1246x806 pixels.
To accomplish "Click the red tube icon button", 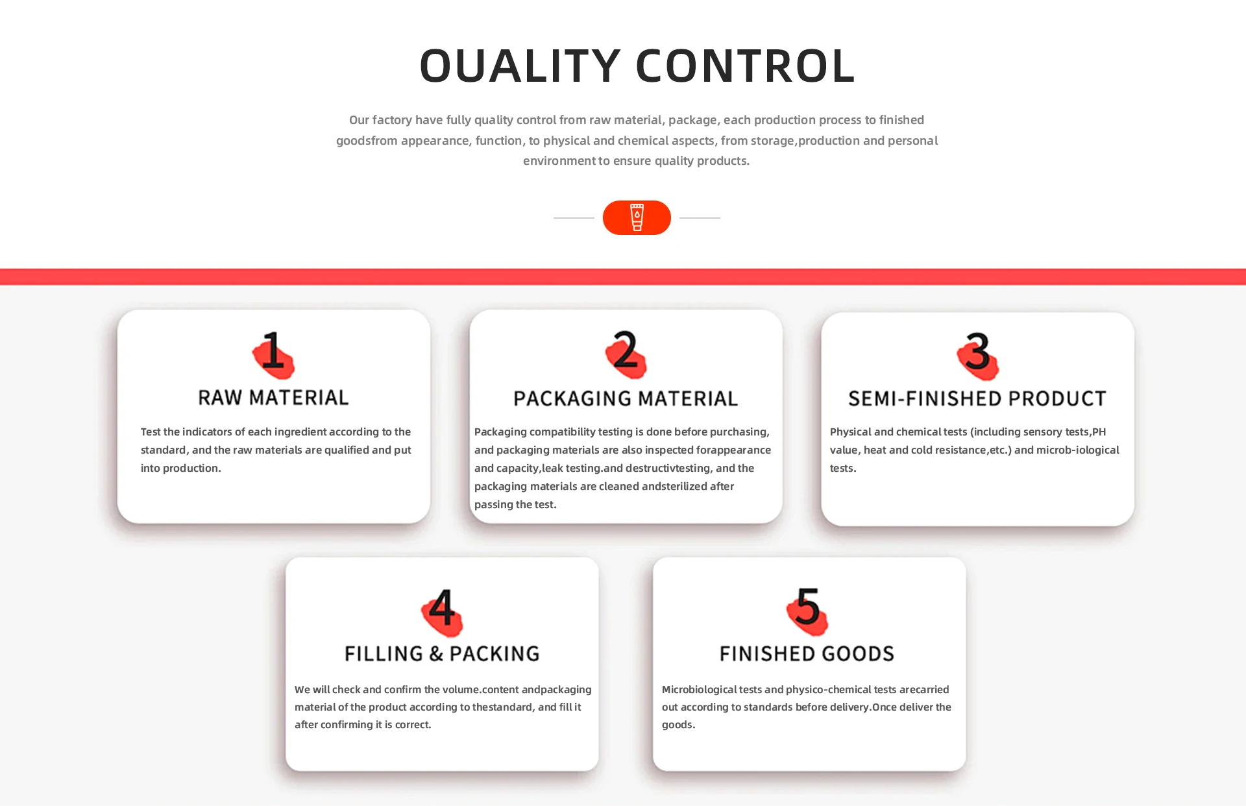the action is click(x=637, y=217).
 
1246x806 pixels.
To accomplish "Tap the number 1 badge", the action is click(x=273, y=354).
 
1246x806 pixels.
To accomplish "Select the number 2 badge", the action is click(x=626, y=353).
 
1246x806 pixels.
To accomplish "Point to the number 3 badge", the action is click(x=977, y=354).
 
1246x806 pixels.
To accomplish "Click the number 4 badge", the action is click(x=442, y=611).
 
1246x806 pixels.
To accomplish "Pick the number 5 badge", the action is click(x=807, y=610).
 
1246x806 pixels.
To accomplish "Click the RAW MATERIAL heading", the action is click(x=273, y=398).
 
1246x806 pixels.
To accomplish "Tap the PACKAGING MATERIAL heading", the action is click(x=626, y=398).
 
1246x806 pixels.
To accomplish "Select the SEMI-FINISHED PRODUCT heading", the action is click(x=977, y=398).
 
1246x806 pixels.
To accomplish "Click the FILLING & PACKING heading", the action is click(x=442, y=653).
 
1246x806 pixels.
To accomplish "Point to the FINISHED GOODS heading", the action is click(x=807, y=653).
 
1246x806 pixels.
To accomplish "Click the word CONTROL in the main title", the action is click(x=745, y=66).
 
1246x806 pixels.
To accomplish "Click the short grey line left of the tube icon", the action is click(x=574, y=218).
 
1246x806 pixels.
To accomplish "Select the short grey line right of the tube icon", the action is click(x=700, y=218).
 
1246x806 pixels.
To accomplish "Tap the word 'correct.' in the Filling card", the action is click(x=413, y=725).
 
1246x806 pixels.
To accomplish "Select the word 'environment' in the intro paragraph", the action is click(x=559, y=161).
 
